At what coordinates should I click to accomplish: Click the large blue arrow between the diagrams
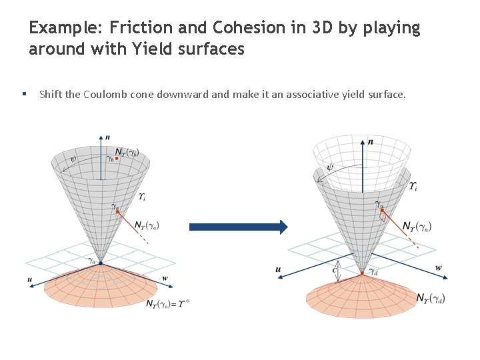click(238, 227)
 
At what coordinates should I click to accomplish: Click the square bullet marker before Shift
click(24, 94)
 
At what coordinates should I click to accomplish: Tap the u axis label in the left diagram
click(30, 280)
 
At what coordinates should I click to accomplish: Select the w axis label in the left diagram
click(165, 278)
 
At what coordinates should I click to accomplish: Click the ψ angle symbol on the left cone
click(73, 160)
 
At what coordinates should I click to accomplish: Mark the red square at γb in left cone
click(117, 158)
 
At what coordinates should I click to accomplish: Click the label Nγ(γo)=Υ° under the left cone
click(167, 303)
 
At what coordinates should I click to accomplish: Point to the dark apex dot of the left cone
click(100, 263)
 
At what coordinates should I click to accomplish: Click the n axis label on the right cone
click(370, 141)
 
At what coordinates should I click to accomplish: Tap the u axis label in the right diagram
click(278, 269)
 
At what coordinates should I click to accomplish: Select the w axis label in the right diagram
click(438, 268)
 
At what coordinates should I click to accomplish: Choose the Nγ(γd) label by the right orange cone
click(430, 298)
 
